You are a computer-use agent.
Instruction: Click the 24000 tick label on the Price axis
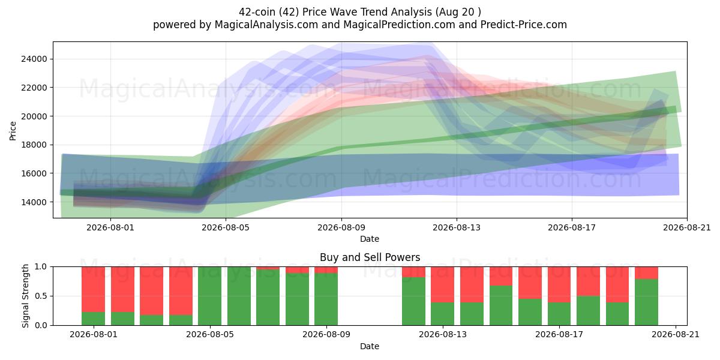pos(34,59)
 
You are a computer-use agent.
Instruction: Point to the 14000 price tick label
pos(34,202)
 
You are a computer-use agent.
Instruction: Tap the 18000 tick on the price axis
pos(34,145)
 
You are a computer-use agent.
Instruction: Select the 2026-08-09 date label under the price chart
pos(341,227)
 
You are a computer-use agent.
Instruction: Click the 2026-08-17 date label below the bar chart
pos(559,334)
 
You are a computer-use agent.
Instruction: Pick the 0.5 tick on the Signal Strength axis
pos(41,296)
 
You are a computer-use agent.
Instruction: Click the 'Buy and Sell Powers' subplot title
pos(370,257)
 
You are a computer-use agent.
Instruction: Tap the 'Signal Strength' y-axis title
pos(25,296)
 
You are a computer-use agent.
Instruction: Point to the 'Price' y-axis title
pos(13,131)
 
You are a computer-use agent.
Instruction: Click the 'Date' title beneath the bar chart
pos(370,346)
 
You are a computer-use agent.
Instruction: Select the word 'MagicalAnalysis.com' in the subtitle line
pos(266,25)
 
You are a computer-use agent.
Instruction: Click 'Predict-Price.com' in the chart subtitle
pos(524,25)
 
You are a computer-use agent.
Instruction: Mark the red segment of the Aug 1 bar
pos(93,289)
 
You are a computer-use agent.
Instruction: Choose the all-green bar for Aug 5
pos(209,296)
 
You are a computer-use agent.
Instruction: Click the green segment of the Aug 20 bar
pos(646,302)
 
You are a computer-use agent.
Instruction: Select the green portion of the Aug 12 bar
pos(413,301)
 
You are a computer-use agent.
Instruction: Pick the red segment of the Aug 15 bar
pos(501,276)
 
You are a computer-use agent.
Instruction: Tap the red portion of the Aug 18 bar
pos(588,281)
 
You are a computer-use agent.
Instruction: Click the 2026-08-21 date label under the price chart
pos(687,227)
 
